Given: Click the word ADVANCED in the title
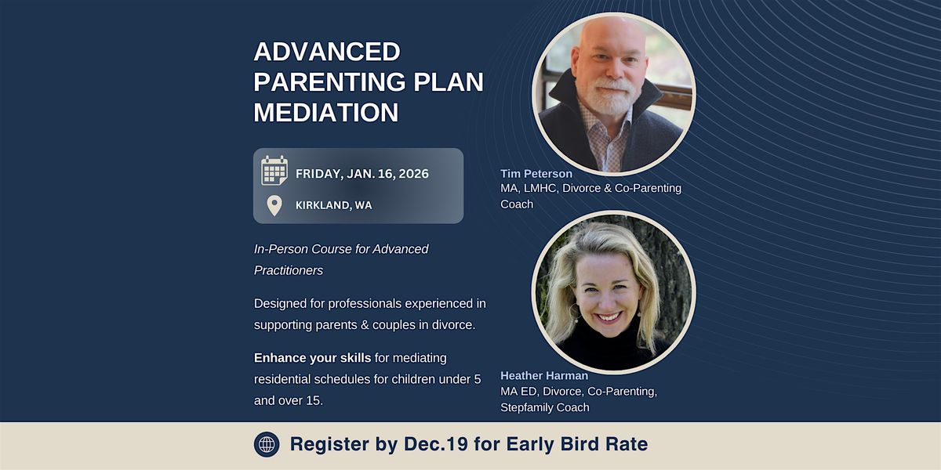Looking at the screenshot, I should pyautogui.click(x=326, y=52).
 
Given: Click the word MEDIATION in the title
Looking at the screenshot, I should pyautogui.click(x=326, y=112).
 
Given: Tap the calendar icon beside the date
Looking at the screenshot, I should pyautogui.click(x=274, y=170).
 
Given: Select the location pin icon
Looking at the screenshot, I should pyautogui.click(x=274, y=205).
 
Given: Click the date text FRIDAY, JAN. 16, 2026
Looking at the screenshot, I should pyautogui.click(x=362, y=174).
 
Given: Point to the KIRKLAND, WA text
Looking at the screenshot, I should pyautogui.click(x=333, y=205).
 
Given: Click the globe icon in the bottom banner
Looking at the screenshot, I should pyautogui.click(x=267, y=444).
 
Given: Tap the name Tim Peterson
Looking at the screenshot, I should pyautogui.click(x=536, y=173).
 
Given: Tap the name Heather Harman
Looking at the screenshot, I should pyautogui.click(x=544, y=376).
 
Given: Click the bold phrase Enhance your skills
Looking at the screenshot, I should pyautogui.click(x=312, y=358).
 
